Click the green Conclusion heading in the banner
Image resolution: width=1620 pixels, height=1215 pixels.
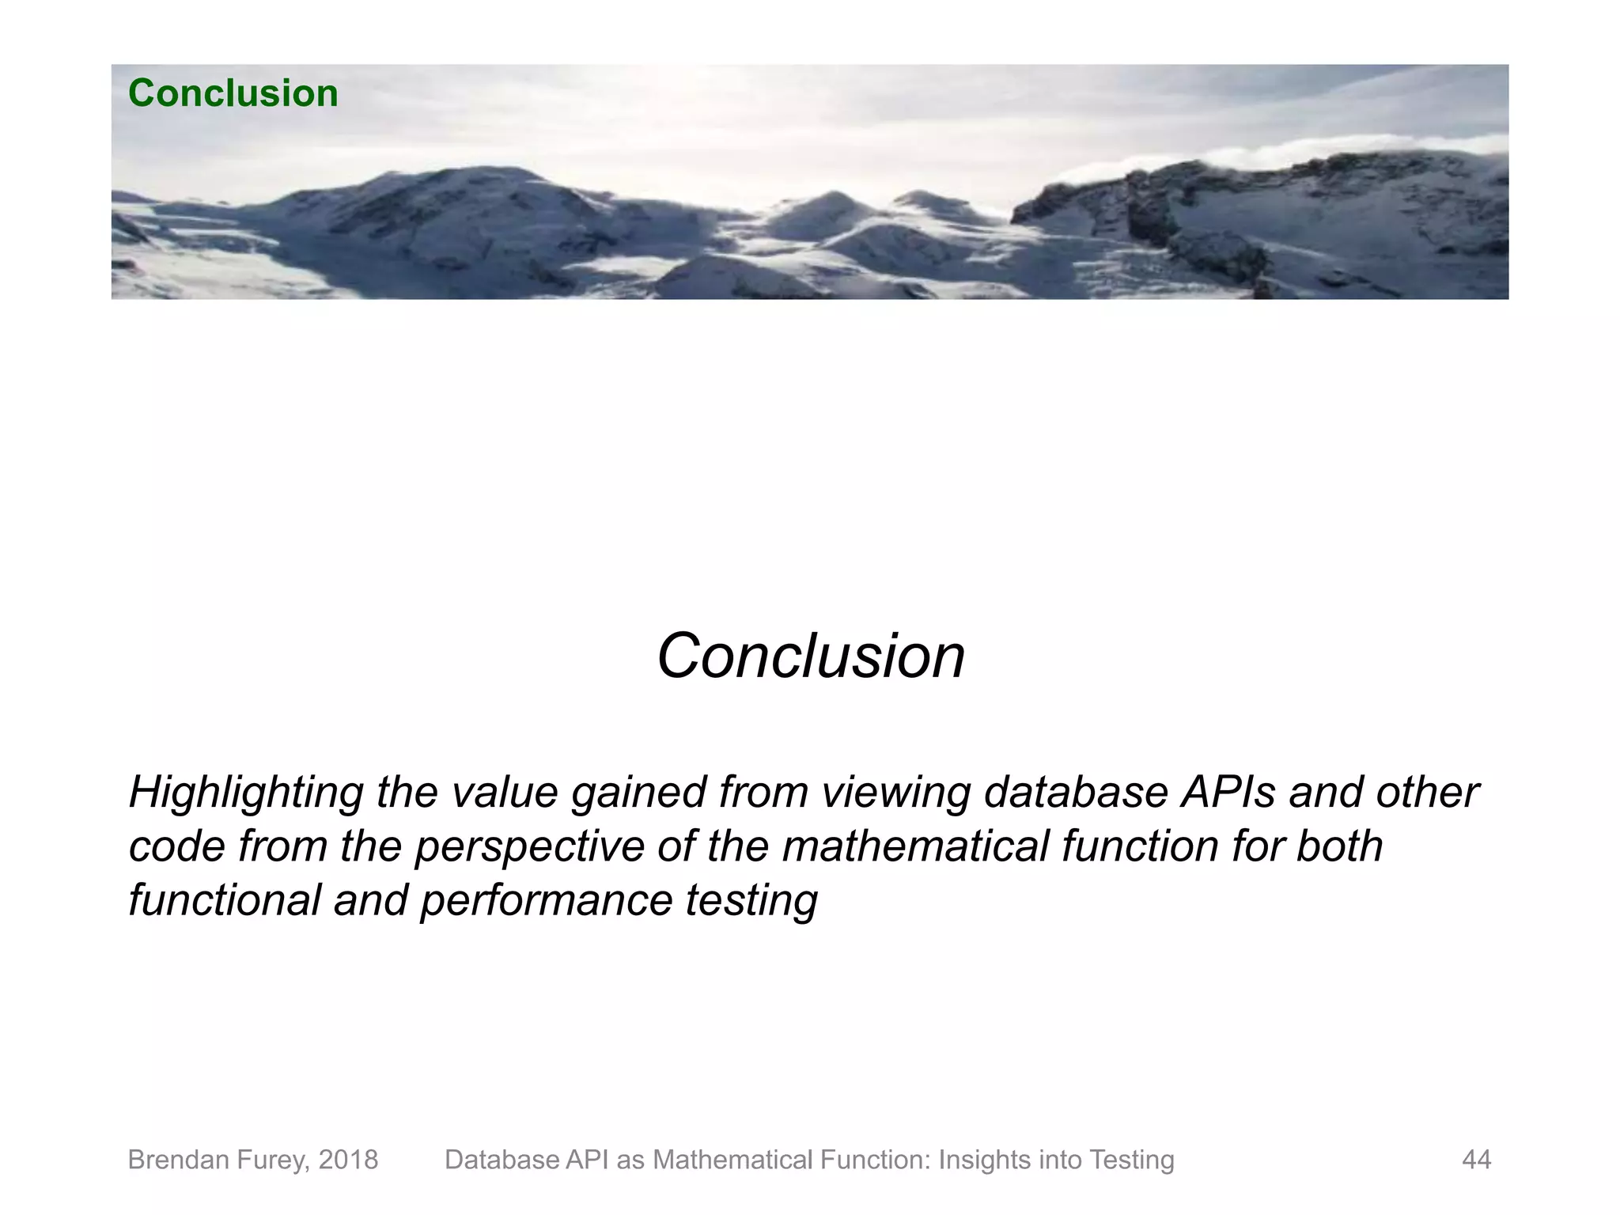pyautogui.click(x=233, y=93)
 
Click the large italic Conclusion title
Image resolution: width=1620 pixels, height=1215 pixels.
pyautogui.click(x=810, y=656)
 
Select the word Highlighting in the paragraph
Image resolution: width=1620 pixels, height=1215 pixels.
pyautogui.click(x=245, y=793)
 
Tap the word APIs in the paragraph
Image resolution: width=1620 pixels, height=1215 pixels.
pyautogui.click(x=1228, y=792)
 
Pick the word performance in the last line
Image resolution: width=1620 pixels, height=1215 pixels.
pyautogui.click(x=546, y=900)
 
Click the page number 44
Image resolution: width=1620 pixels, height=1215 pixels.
pyautogui.click(x=1476, y=1160)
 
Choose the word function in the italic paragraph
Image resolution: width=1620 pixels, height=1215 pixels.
pyautogui.click(x=1140, y=846)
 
